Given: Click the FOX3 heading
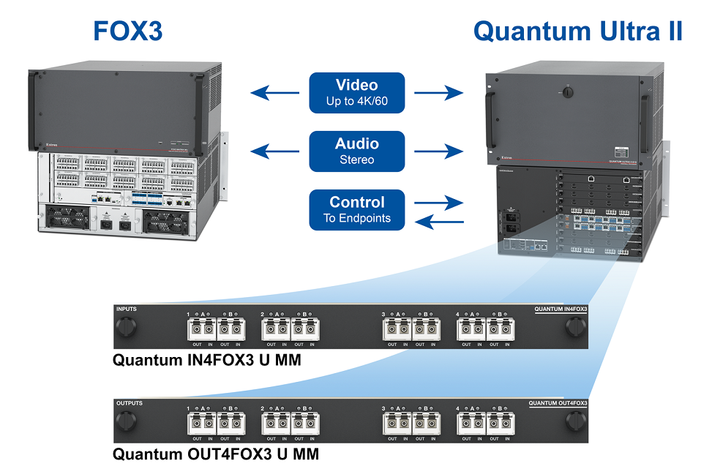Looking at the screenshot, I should pos(128,31).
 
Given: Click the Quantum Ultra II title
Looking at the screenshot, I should pos(578,31).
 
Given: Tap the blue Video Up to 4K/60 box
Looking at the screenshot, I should pos(356,93).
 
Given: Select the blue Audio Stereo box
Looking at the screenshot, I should pos(356,151).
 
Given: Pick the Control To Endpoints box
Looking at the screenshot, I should pos(356,209).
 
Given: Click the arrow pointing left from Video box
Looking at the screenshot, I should pos(274,93).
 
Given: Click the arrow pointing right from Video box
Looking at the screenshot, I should pos(439,93).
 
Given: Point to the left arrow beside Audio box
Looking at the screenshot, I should pos(274,151).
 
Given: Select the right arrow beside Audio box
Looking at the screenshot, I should pos(439,151).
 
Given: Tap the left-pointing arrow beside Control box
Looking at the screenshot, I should pos(439,221).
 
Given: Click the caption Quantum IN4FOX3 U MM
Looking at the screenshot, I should pos(207,360).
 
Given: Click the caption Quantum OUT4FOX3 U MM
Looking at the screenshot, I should pos(216,454).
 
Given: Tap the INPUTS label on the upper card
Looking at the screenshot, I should pos(127,309).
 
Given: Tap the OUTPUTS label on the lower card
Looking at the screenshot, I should pos(130,403).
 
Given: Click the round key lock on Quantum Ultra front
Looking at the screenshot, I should pos(566,94).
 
